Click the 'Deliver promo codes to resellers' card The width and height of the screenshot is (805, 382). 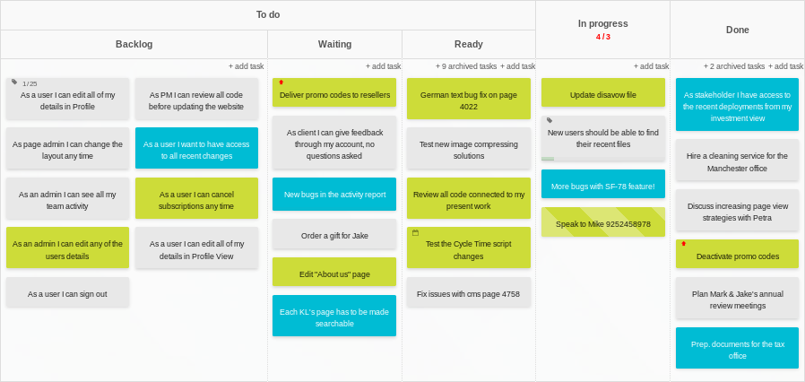334,94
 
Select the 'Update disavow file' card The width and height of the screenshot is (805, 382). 602,94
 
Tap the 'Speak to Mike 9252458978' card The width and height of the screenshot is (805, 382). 602,223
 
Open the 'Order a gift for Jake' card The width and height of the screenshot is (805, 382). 334,236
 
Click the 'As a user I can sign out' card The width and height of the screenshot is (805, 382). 67,293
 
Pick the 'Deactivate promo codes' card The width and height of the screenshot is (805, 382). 737,256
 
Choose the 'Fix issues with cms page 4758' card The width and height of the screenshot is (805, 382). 468,293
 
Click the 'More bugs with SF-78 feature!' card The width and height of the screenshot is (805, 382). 602,187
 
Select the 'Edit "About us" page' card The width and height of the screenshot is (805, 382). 334,273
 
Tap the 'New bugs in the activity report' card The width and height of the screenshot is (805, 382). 334,194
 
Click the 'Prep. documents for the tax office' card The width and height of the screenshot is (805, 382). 737,350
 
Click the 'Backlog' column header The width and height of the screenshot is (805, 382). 134,44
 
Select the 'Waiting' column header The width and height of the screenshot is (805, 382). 334,44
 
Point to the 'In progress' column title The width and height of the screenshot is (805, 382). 602,23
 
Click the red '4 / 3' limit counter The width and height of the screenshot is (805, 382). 602,37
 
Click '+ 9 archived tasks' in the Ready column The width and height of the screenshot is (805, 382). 465,66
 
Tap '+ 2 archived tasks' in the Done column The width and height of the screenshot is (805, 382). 734,66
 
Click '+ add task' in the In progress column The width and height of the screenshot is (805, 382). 651,66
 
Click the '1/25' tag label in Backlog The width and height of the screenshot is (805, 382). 30,82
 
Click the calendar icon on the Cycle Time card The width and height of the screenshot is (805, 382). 415,232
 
